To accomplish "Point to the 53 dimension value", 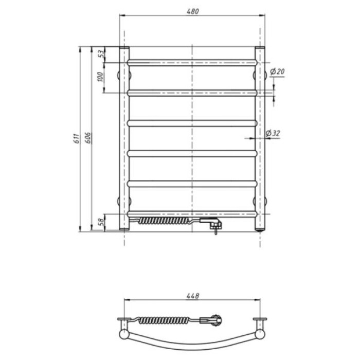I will (x=101, y=53).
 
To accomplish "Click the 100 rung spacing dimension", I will (x=101, y=77).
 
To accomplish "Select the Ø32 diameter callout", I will (x=273, y=133).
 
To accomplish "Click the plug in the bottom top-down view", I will (x=215, y=321).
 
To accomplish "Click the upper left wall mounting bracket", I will (x=119, y=75).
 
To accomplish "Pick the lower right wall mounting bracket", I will (x=265, y=201).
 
